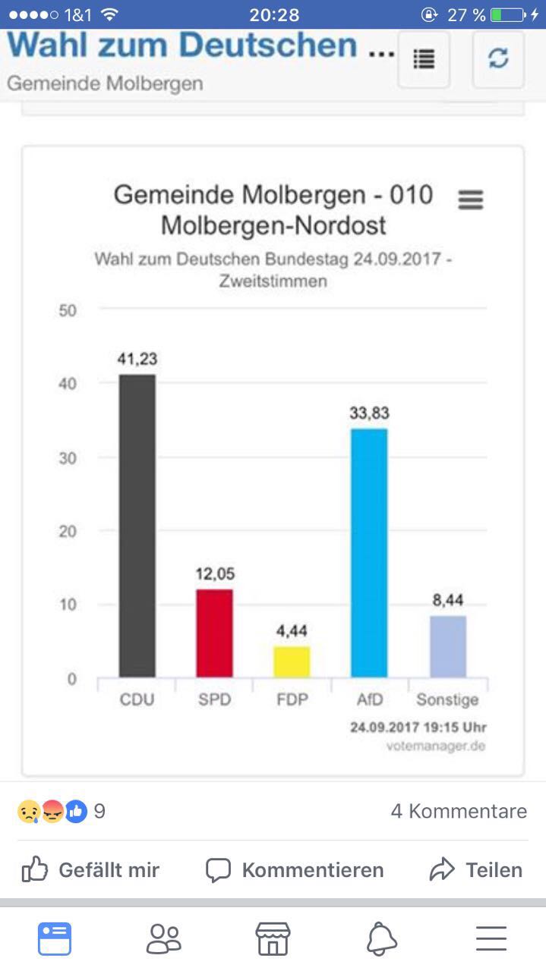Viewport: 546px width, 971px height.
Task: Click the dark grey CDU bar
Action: pyautogui.click(x=137, y=526)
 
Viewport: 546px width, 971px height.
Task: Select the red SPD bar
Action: pyautogui.click(x=214, y=633)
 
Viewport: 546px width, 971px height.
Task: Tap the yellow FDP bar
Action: pyautogui.click(x=292, y=661)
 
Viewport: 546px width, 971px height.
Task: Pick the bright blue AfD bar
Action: pyautogui.click(x=369, y=553)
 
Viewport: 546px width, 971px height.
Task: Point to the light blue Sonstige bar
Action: pyautogui.click(x=448, y=646)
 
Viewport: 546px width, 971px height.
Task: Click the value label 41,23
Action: pyautogui.click(x=137, y=359)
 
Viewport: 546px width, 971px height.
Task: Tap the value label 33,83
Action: pyautogui.click(x=369, y=413)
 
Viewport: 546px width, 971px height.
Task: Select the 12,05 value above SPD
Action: pyautogui.click(x=215, y=574)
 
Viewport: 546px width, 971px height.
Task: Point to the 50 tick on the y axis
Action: pyautogui.click(x=68, y=310)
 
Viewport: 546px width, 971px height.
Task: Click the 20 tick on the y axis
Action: pyautogui.click(x=68, y=531)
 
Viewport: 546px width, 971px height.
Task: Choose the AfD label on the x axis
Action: pyautogui.click(x=370, y=699)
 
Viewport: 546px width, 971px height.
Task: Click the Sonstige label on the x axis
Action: pyautogui.click(x=447, y=700)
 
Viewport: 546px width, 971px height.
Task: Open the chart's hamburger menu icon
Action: pyautogui.click(x=471, y=200)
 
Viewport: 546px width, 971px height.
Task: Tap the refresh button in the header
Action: pyautogui.click(x=498, y=58)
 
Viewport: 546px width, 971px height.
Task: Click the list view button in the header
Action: pyautogui.click(x=424, y=58)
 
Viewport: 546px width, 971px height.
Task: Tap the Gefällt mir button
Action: pyautogui.click(x=90, y=869)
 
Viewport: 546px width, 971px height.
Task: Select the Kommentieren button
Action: pyautogui.click(x=295, y=870)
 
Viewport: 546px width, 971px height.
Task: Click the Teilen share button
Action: pyautogui.click(x=476, y=869)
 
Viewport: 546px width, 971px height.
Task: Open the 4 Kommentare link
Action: pyautogui.click(x=459, y=811)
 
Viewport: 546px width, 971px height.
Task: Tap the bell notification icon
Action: pyautogui.click(x=382, y=938)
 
